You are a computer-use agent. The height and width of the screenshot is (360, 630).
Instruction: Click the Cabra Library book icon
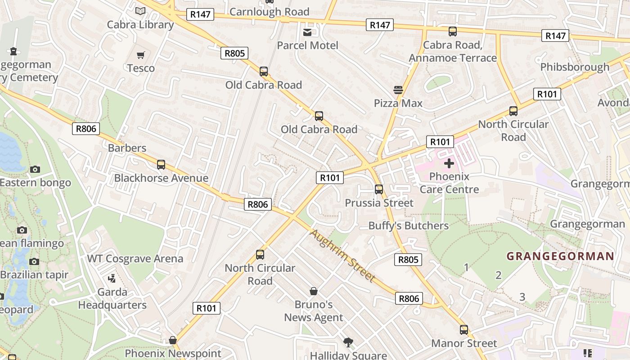(x=140, y=11)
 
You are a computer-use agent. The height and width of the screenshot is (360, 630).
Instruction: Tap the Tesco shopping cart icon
(x=141, y=55)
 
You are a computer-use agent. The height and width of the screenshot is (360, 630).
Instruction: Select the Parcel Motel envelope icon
(x=307, y=32)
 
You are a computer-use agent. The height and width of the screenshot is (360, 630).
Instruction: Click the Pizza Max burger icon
(x=398, y=90)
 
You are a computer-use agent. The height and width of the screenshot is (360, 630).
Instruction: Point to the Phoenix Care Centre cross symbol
(x=449, y=163)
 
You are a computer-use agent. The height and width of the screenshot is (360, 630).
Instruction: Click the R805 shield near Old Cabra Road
(x=235, y=54)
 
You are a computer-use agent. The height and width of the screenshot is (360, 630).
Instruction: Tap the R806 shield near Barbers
(x=85, y=129)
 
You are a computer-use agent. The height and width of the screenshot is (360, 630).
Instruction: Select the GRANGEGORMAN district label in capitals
(x=560, y=256)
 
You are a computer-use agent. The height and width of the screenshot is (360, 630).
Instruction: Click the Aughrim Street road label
(x=342, y=256)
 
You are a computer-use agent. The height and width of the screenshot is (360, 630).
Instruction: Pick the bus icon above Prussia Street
(x=379, y=189)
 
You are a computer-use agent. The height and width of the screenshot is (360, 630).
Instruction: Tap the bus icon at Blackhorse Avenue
(x=161, y=165)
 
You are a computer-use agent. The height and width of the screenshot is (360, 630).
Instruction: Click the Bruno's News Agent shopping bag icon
(x=314, y=291)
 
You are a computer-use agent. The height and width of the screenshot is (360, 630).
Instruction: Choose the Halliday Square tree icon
(x=348, y=342)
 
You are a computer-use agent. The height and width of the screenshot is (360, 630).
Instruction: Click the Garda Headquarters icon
(x=112, y=279)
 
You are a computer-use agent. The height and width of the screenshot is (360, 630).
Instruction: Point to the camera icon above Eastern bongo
(x=35, y=169)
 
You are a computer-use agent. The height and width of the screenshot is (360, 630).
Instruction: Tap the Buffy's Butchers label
(x=408, y=226)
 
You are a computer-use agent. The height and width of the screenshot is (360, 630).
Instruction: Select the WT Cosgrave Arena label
(x=135, y=259)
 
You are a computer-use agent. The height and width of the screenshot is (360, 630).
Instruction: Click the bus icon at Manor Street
(x=464, y=330)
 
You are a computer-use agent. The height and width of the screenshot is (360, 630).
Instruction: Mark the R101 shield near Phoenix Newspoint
(x=207, y=308)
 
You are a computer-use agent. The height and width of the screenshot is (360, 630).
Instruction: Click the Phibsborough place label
(x=575, y=67)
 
